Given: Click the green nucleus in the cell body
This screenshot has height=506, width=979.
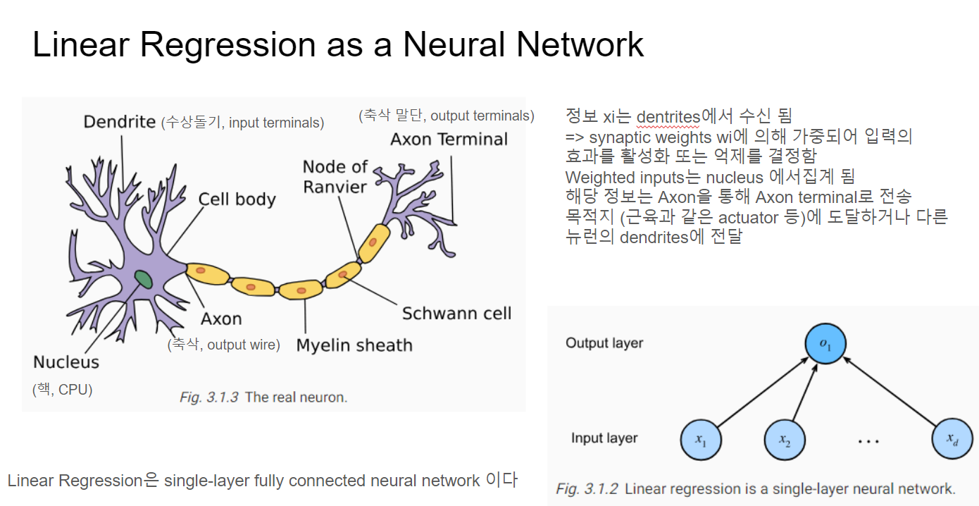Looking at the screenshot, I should [x=144, y=278].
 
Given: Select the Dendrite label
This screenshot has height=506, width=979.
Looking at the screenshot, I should [x=119, y=122].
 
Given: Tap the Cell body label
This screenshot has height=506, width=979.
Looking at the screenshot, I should [x=237, y=199].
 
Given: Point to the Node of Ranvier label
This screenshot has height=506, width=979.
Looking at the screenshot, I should [x=335, y=177].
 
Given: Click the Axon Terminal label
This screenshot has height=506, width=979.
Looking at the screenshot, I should [x=449, y=139].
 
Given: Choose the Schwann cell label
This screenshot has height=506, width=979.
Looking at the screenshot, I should [x=456, y=313].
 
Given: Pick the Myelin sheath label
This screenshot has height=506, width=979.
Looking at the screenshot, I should [x=354, y=345].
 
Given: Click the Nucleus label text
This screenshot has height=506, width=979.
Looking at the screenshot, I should [x=66, y=362].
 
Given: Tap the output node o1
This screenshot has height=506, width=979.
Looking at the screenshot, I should [x=825, y=344].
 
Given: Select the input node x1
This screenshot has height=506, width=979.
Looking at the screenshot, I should [x=701, y=440].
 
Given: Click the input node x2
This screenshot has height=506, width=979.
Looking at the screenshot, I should [x=785, y=440].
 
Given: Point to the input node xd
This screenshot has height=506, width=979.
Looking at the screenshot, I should [x=952, y=440].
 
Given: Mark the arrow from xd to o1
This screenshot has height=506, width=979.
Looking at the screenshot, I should [x=890, y=392].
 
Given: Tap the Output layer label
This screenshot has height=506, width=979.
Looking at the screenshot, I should [x=604, y=343].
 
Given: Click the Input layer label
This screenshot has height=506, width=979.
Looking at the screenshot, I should [x=604, y=438].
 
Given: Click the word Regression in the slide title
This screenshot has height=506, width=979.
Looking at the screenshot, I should [x=228, y=45].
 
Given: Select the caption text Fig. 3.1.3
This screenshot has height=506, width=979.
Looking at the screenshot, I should [x=208, y=397].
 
